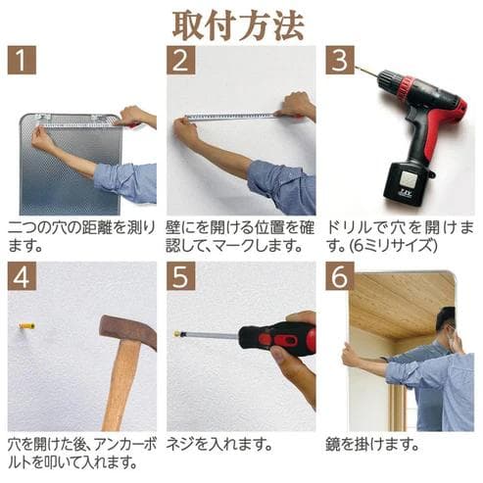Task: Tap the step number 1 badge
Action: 24,61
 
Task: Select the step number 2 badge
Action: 182,61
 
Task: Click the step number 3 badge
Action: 339,61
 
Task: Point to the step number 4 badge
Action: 24,276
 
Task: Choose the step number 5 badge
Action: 182,276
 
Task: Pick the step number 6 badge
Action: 339,276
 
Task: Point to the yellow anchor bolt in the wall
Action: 26,324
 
